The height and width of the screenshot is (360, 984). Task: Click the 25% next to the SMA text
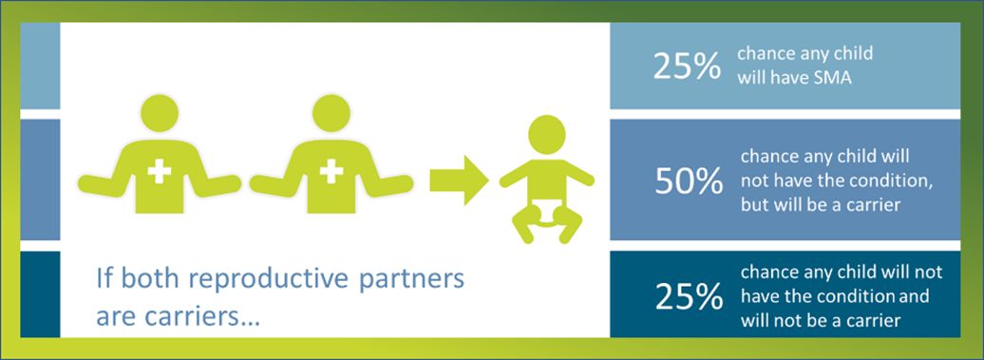point(687,66)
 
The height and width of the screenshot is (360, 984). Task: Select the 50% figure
point(689,182)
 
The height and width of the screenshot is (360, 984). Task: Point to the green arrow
point(459,180)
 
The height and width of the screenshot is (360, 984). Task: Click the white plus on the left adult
point(160,171)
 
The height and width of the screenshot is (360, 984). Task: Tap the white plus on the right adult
point(331,171)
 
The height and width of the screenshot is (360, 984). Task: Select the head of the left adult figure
point(160,114)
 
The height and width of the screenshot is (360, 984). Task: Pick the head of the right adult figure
point(331,114)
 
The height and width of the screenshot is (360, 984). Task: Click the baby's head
point(547,135)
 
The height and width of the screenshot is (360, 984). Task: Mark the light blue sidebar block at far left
point(40,66)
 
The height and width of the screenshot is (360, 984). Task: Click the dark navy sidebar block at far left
point(40,294)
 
